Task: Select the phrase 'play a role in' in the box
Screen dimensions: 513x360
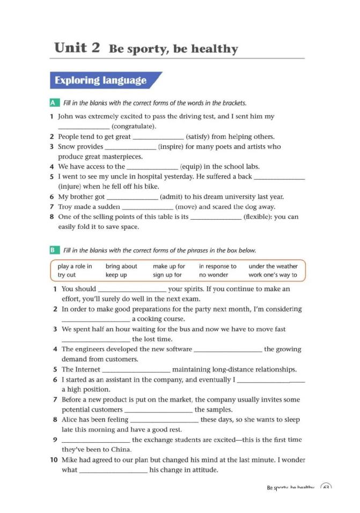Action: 75,266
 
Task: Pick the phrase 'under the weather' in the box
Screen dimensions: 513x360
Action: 273,266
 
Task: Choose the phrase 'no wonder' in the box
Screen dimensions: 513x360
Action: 214,275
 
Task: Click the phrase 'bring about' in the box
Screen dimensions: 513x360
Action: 121,266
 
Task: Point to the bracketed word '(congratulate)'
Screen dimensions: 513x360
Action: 134,127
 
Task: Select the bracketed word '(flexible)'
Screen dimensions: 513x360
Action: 260,217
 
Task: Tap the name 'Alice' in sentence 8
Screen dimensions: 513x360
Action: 70,420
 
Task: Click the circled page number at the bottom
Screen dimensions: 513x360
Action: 326,488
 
